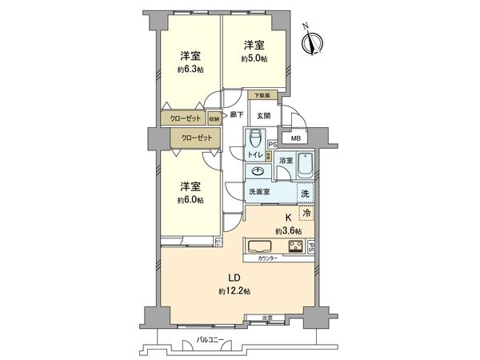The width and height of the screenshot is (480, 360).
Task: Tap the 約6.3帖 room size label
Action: pyautogui.click(x=190, y=70)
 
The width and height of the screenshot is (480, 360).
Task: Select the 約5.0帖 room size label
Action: pyautogui.click(x=254, y=58)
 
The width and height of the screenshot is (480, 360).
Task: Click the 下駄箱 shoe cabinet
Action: pyautogui.click(x=262, y=96)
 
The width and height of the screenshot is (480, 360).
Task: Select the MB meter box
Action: pyautogui.click(x=297, y=138)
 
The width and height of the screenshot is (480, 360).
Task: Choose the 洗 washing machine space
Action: pyautogui.click(x=304, y=193)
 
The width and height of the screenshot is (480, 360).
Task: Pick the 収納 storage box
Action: pyautogui.click(x=214, y=119)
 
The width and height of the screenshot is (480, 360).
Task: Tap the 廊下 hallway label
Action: pyautogui.click(x=237, y=115)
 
